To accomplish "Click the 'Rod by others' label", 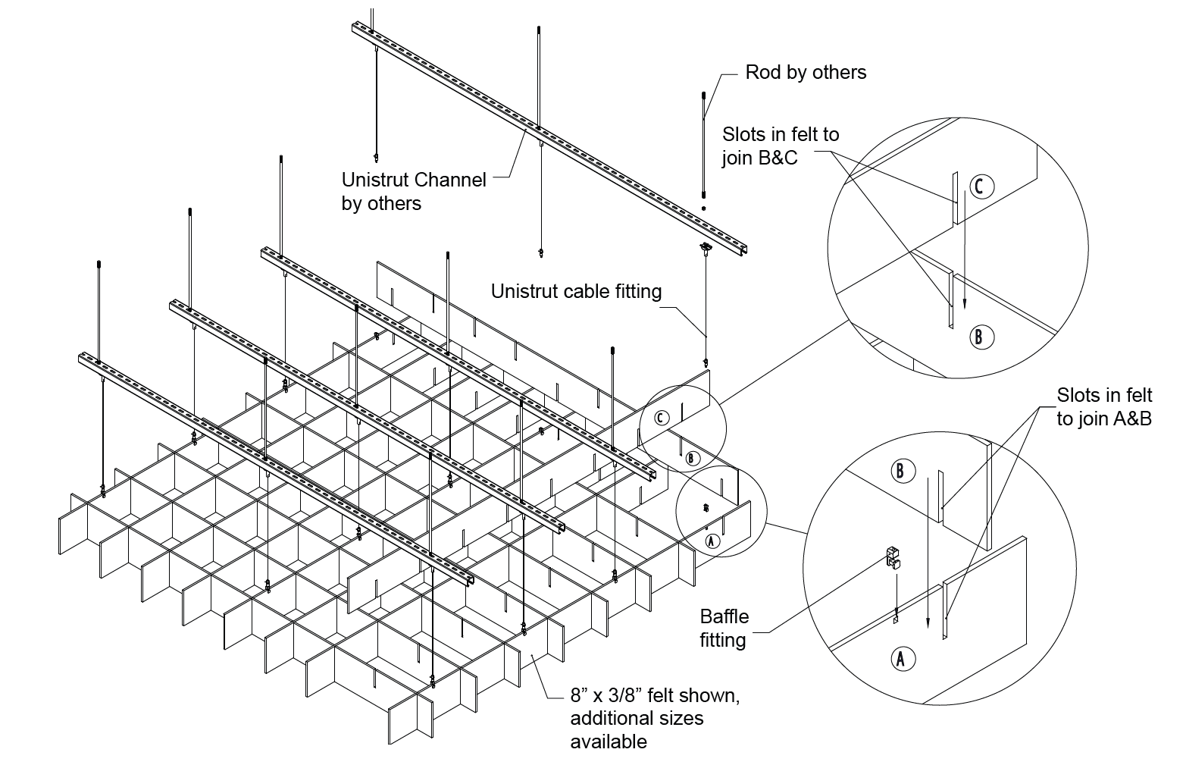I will click(806, 72).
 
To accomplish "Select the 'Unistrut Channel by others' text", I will click(413, 192).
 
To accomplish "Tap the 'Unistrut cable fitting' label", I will click(576, 291).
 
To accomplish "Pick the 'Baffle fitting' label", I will click(723, 629).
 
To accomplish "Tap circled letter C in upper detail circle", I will click(979, 186).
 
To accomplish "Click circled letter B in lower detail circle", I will click(900, 471).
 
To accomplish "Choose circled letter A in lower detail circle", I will click(900, 658).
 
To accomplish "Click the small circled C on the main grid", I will click(662, 418).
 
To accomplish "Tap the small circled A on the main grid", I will click(711, 541).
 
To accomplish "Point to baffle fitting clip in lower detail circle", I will click(894, 559).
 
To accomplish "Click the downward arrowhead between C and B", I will click(965, 303).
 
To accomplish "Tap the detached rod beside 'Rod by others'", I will click(704, 144).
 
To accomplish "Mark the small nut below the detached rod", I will click(704, 208).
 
